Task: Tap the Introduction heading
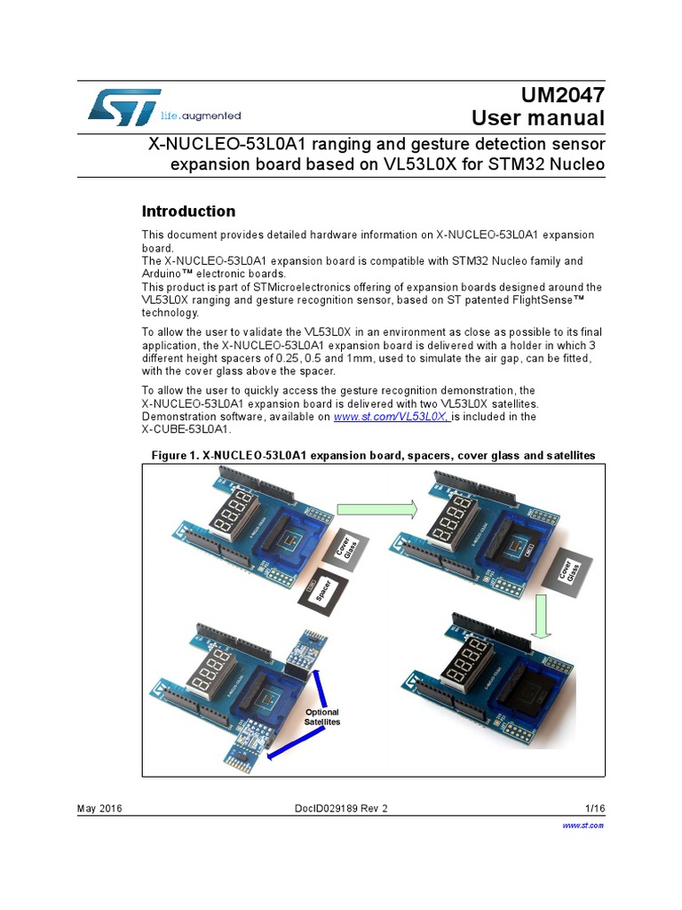(x=189, y=212)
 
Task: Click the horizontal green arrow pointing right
(x=378, y=508)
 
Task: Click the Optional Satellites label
(x=322, y=717)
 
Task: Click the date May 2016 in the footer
(x=100, y=808)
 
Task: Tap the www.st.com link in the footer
(x=583, y=825)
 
